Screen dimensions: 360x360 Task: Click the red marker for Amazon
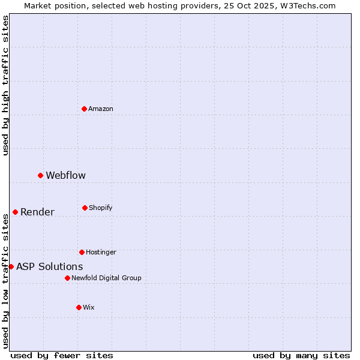(84, 109)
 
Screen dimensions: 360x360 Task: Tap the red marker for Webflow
(40, 175)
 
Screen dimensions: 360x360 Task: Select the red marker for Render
(15, 212)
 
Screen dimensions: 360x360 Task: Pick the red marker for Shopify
(85, 208)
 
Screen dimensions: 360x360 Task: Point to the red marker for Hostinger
(82, 252)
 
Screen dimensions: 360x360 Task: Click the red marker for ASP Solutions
(11, 266)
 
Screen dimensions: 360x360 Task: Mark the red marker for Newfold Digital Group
(67, 278)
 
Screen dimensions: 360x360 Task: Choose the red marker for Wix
(79, 307)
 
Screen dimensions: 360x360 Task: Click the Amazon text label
(101, 109)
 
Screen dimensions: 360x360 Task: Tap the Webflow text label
(66, 175)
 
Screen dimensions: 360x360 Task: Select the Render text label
(37, 212)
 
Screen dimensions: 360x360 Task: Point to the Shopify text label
(101, 208)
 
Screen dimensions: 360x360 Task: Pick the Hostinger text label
(101, 252)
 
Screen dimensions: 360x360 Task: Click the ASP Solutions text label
(50, 266)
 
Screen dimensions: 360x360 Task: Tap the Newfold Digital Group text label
(106, 278)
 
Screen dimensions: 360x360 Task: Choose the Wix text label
(89, 307)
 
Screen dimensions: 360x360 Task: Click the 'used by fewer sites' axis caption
(62, 355)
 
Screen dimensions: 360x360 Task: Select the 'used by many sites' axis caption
(301, 355)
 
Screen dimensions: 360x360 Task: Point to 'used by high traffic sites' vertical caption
(5, 85)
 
